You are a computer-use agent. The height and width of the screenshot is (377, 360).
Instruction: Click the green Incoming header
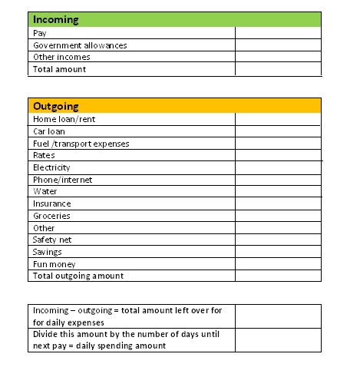tap(174, 19)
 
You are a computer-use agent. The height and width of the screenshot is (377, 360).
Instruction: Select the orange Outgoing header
tap(174, 106)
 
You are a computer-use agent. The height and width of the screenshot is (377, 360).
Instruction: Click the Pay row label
tap(39, 34)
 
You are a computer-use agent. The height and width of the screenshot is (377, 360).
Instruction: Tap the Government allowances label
tap(80, 45)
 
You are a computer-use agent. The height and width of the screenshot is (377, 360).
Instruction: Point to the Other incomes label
tap(61, 57)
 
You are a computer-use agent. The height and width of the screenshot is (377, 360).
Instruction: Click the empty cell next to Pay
tap(277, 34)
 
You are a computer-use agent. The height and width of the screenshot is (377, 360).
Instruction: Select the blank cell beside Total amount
tap(277, 69)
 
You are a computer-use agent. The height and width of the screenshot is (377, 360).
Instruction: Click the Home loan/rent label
tap(64, 120)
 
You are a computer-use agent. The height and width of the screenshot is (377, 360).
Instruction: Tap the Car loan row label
tap(50, 131)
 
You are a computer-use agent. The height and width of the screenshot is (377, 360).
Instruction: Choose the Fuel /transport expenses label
tap(81, 144)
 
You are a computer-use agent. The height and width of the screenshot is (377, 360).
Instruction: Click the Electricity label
tap(51, 167)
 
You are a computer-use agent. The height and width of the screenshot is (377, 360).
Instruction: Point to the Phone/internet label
tap(62, 180)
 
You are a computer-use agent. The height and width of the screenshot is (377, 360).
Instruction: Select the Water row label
tap(45, 191)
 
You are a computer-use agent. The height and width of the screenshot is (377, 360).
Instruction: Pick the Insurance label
tap(52, 203)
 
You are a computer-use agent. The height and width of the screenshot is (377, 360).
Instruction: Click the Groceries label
tap(52, 216)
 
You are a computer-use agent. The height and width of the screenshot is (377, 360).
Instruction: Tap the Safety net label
tap(52, 240)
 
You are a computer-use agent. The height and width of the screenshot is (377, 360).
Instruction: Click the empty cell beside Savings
tap(277, 252)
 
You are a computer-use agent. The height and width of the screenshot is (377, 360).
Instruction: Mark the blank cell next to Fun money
tap(277, 264)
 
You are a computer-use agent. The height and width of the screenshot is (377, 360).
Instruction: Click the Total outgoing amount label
tap(78, 276)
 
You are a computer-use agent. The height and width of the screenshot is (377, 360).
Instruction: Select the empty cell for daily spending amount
tap(277, 340)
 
